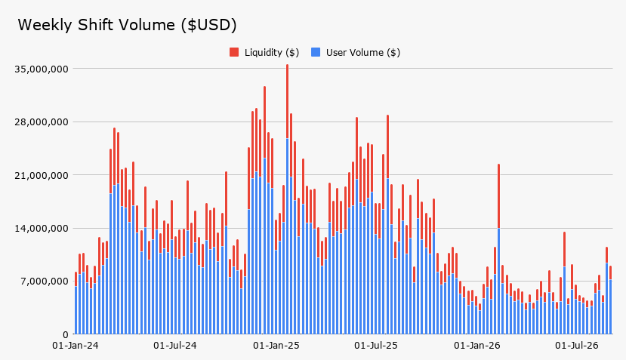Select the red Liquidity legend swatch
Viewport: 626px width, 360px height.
pos(234,52)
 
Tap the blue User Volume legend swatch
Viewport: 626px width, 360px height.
pos(316,52)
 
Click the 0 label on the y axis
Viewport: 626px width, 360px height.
pos(66,334)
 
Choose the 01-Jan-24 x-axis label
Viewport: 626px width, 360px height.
pos(76,345)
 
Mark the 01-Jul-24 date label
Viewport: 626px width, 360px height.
pos(175,345)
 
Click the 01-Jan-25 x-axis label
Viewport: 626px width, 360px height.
pos(276,345)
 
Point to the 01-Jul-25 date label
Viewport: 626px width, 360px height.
pos(376,345)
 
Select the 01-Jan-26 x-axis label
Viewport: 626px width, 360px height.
pos(477,345)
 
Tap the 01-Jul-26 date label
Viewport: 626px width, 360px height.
pos(577,345)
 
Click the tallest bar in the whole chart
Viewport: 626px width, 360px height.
pos(287,199)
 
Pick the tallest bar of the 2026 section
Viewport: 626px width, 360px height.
pos(498,249)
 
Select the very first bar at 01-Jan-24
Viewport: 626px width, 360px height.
pos(76,303)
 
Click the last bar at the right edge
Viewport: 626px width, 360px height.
pos(610,300)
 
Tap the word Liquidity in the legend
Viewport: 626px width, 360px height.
pos(264,53)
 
